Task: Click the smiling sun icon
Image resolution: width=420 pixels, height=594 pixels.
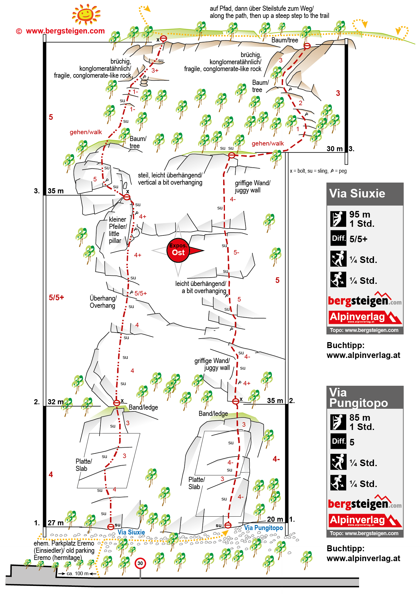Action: coord(86,14)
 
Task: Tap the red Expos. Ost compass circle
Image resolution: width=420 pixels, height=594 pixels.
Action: coord(178,250)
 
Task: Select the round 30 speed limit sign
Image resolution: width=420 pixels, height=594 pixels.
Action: coord(140,564)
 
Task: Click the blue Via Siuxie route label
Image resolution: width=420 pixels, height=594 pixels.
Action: coord(131,532)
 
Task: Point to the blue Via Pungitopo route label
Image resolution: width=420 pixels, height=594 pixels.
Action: coord(263,528)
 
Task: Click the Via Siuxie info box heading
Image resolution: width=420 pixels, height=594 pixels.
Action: coord(357,194)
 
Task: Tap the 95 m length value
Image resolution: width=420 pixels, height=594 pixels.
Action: coord(360,214)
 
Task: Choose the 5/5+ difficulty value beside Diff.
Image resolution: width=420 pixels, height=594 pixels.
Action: coord(358,239)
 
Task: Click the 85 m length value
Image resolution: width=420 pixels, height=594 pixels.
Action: coord(360,417)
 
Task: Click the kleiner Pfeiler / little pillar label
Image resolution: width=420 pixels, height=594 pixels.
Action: coord(118,230)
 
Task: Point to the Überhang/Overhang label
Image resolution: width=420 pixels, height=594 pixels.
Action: coord(103,302)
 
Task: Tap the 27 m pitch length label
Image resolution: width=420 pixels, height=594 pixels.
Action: coord(56,523)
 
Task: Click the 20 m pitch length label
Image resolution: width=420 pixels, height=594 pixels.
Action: coord(275,519)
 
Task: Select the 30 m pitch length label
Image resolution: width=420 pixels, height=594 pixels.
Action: coord(335,149)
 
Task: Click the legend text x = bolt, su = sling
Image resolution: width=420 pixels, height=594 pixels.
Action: coord(309,171)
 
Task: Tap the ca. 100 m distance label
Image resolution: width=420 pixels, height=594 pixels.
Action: coord(77,573)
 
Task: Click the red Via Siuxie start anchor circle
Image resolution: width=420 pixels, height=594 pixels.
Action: coord(111,527)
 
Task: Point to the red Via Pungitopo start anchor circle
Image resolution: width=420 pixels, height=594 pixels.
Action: coord(228,525)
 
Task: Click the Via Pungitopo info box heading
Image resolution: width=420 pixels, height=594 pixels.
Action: coord(358,397)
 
